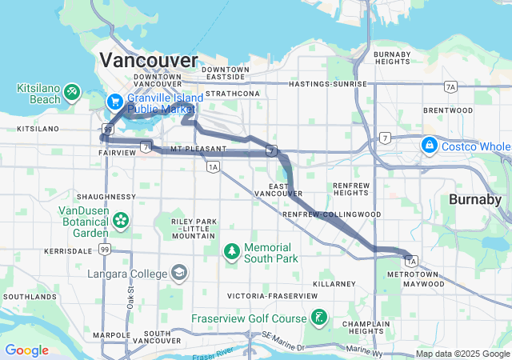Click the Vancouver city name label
[x=149, y=61]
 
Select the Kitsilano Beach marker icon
[x=72, y=92]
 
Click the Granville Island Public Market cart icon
[x=115, y=102]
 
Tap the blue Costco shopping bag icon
[x=430, y=144]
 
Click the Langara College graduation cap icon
[x=178, y=274]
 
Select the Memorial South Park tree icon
[x=232, y=252]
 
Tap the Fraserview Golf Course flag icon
[x=319, y=318]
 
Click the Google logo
[x=26, y=350]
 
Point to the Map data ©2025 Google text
[x=462, y=354]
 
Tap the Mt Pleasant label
[x=198, y=149]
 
